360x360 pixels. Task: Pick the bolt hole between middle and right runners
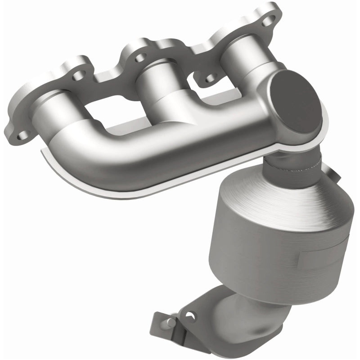[209, 80]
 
